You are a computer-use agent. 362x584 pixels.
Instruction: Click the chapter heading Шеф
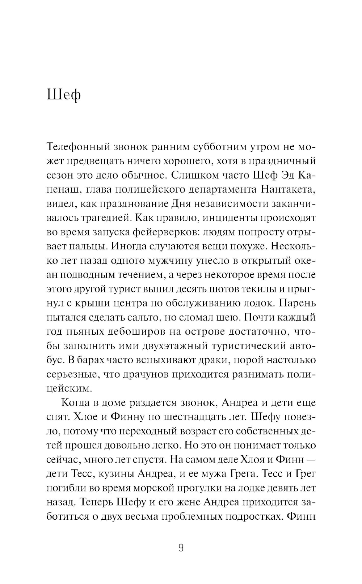[64, 95]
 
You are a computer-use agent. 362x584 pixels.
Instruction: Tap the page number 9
[181, 548]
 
